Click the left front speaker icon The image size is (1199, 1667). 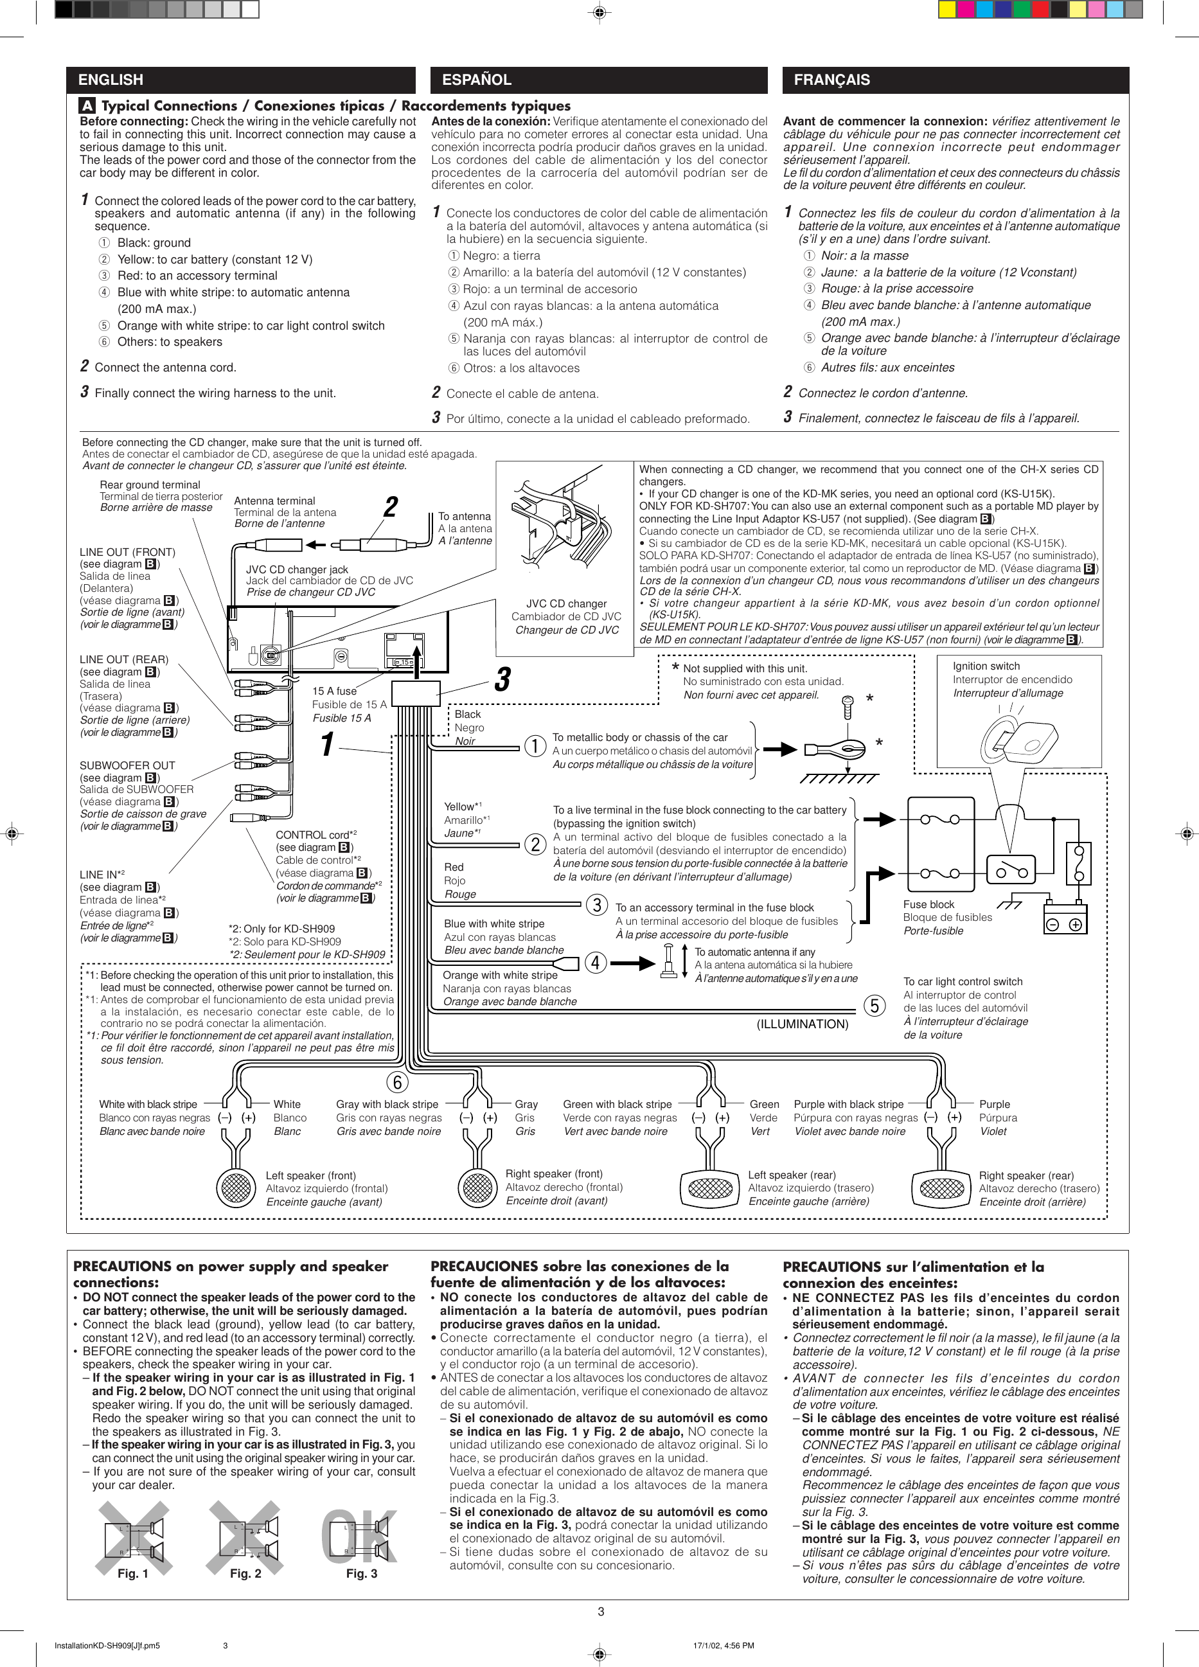235,1186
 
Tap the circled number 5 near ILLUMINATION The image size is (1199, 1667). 874,1006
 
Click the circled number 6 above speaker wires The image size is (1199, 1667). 397,1083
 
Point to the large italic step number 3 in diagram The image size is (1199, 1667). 502,680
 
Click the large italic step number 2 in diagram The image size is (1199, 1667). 391,507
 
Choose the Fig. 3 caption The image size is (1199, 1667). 362,1574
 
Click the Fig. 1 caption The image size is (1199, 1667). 132,1574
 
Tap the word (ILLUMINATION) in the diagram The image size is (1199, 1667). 802,1024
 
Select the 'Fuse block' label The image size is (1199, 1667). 928,905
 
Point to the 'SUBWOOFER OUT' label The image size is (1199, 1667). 127,765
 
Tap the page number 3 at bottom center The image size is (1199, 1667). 601,1612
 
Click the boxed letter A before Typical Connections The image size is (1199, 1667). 87,106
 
